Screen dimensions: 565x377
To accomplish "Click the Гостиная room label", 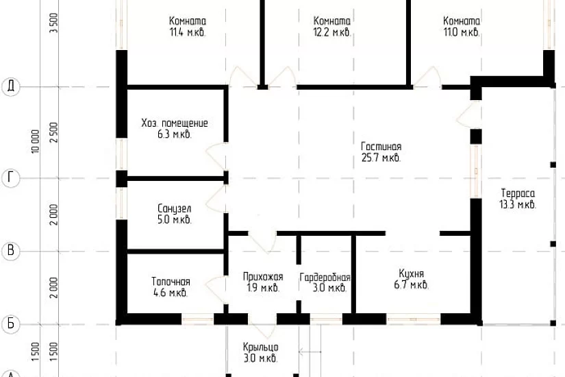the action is pyautogui.click(x=381, y=152).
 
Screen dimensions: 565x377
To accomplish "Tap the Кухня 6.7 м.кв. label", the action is pyautogui.click(x=411, y=279).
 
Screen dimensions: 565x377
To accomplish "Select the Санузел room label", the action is pyautogui.click(x=175, y=214).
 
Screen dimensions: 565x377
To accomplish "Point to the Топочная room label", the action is pyautogui.click(x=171, y=287).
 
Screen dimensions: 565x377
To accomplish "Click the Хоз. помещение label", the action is pyautogui.click(x=175, y=128).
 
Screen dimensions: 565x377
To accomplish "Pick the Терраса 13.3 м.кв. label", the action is pyautogui.click(x=518, y=199).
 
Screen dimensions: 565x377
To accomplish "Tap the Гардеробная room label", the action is pyautogui.click(x=325, y=282).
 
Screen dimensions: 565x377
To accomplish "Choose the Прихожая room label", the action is pyautogui.click(x=263, y=282).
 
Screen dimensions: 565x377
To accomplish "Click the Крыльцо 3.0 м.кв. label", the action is pyautogui.click(x=260, y=353).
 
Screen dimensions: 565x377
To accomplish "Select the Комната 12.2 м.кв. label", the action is pyautogui.click(x=332, y=26).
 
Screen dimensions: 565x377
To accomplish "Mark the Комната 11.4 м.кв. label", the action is pyautogui.click(x=188, y=26).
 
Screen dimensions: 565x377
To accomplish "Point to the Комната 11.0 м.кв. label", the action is pyautogui.click(x=462, y=26).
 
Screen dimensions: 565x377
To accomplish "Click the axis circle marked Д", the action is pyautogui.click(x=11, y=86).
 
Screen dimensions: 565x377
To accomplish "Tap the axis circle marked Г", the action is pyautogui.click(x=11, y=178).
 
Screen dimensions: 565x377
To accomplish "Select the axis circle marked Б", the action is pyautogui.click(x=11, y=324).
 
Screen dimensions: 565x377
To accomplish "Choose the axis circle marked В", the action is pyautogui.click(x=11, y=251).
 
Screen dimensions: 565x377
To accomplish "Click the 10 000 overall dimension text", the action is pyautogui.click(x=35, y=141).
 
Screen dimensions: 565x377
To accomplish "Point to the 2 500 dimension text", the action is pyautogui.click(x=53, y=132).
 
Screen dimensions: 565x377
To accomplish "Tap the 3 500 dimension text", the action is pyautogui.click(x=53, y=23).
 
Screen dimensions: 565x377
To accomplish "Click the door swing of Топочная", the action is pyautogui.click(x=216, y=289).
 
